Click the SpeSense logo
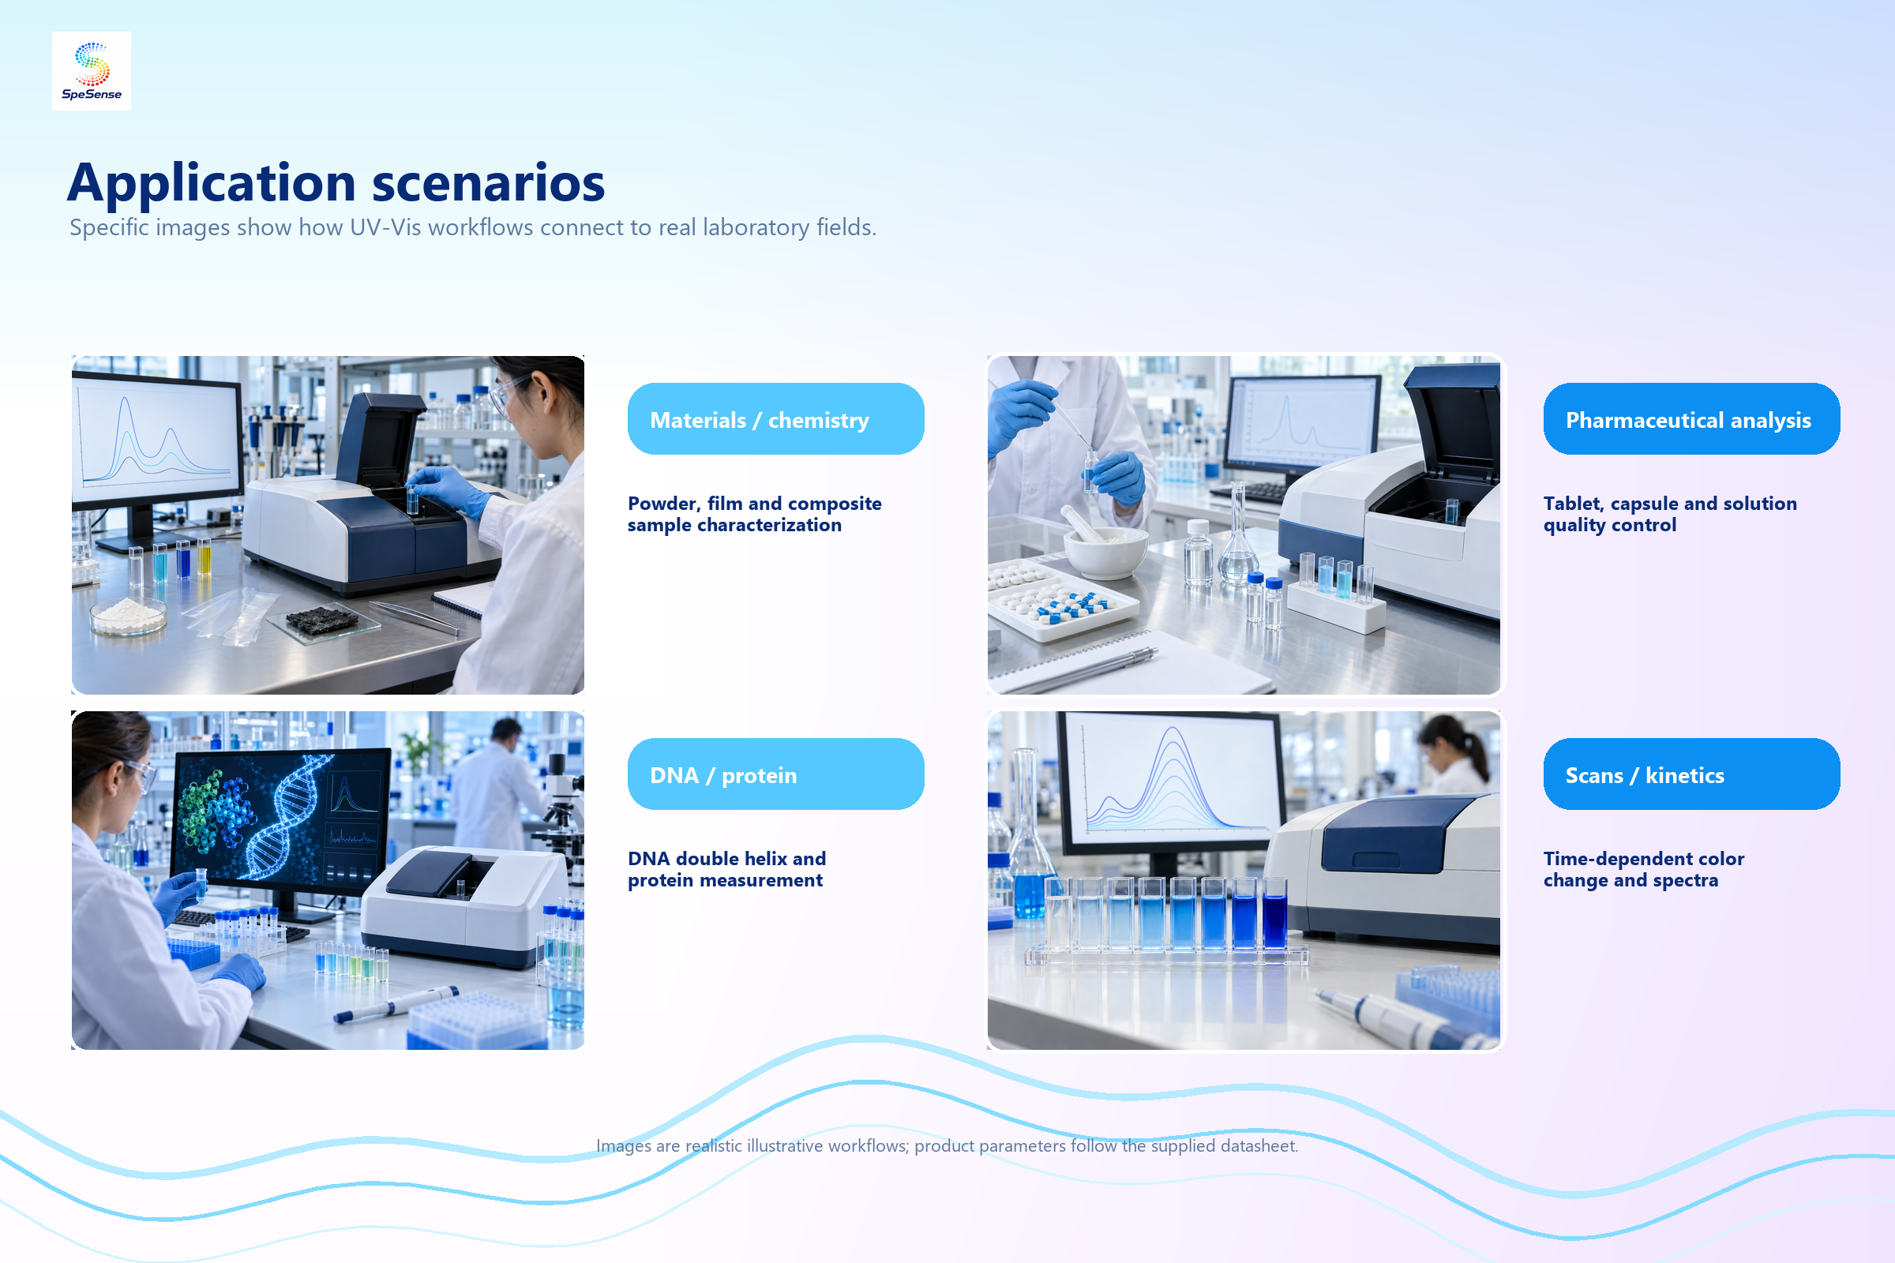click(x=91, y=71)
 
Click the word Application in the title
click(x=211, y=183)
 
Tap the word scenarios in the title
click(x=488, y=183)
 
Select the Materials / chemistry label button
click(x=775, y=419)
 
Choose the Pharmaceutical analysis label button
click(x=1691, y=419)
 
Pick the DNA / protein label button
click(x=775, y=774)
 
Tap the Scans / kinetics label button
click(x=1691, y=774)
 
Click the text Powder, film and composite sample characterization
click(x=754, y=514)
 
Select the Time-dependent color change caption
click(x=1644, y=869)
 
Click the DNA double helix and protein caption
click(x=726, y=869)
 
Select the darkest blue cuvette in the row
click(x=1274, y=914)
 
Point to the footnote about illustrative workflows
click(x=947, y=1145)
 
